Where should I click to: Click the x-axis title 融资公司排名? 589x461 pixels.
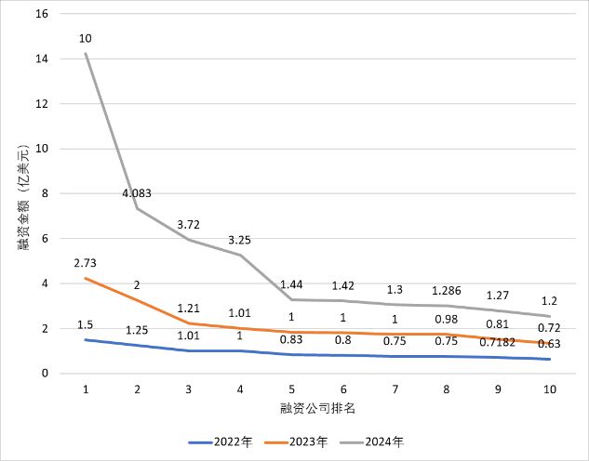[317, 409]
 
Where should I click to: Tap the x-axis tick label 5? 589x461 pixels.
[292, 390]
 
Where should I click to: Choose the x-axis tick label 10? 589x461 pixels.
[550, 390]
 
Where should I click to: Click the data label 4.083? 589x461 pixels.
[137, 193]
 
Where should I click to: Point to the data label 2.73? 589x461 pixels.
[86, 264]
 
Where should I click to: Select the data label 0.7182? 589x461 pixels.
[499, 342]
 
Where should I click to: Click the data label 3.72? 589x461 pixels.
[189, 226]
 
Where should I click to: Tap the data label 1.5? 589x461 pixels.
[86, 324]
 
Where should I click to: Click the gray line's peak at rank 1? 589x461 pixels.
[87, 53]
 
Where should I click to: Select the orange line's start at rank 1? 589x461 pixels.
[87, 279]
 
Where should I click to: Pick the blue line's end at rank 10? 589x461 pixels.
[550, 359]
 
